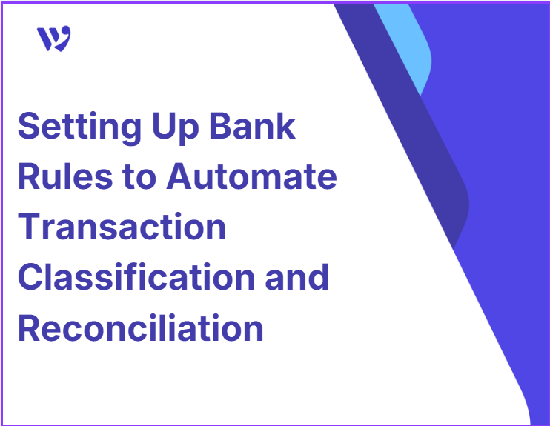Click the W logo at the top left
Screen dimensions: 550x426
tap(53, 39)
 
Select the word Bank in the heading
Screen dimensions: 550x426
tap(253, 125)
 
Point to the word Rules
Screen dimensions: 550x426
tap(65, 176)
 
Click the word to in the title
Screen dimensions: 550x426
tap(139, 177)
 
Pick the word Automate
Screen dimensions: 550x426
tap(251, 176)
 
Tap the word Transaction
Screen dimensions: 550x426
tap(122, 227)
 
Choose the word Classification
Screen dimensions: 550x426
tap(136, 276)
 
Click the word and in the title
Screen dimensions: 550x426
tap(296, 276)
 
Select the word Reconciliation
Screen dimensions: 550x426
tap(140, 327)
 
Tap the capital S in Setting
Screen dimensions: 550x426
tap(27, 125)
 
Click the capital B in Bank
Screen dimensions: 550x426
tap(220, 125)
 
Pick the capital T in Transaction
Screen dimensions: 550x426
tap(30, 227)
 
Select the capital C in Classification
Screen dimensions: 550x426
tap(30, 276)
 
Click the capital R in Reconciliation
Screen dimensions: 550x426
tap(30, 327)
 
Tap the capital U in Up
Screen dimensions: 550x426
tap(164, 126)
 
